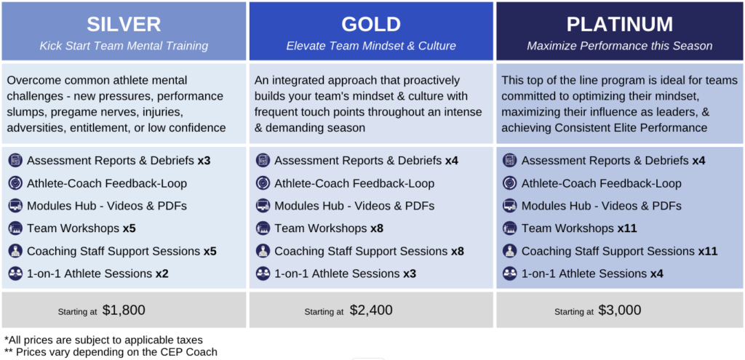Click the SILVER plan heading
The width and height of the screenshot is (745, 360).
point(124,24)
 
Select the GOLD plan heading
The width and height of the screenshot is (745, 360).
point(371,24)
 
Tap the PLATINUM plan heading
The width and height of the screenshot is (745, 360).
point(620,24)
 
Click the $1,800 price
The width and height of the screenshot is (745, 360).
point(124,310)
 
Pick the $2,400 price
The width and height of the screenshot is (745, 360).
point(371,310)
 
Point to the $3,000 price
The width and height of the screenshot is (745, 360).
point(620,310)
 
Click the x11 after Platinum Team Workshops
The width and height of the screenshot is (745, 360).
point(627,228)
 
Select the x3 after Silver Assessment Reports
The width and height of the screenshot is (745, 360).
point(204,161)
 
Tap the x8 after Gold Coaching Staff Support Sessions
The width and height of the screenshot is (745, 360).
point(458,251)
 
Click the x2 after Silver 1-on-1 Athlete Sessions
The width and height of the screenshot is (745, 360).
point(162,273)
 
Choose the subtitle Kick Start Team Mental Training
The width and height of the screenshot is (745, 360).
point(124,46)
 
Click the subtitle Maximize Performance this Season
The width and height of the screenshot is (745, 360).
point(620,46)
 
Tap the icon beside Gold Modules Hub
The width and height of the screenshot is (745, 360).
point(263,206)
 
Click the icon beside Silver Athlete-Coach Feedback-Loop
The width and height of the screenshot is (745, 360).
point(15,183)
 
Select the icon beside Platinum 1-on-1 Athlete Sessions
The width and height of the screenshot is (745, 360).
point(510,273)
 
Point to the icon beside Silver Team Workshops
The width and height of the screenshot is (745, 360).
point(15,228)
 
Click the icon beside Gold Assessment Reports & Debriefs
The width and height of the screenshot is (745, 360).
point(263,161)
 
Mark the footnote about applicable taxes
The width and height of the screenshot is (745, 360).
point(104,340)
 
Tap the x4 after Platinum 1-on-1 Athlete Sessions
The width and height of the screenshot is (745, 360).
point(657,273)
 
